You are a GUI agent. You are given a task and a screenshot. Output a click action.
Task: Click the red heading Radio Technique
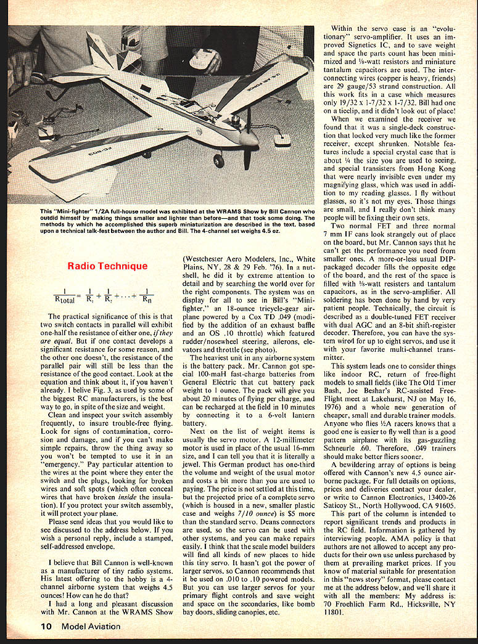[x=108, y=266]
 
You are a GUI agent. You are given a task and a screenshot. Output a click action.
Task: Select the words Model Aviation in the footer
[x=91, y=627]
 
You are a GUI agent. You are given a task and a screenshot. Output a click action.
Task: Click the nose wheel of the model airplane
[x=218, y=161]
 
